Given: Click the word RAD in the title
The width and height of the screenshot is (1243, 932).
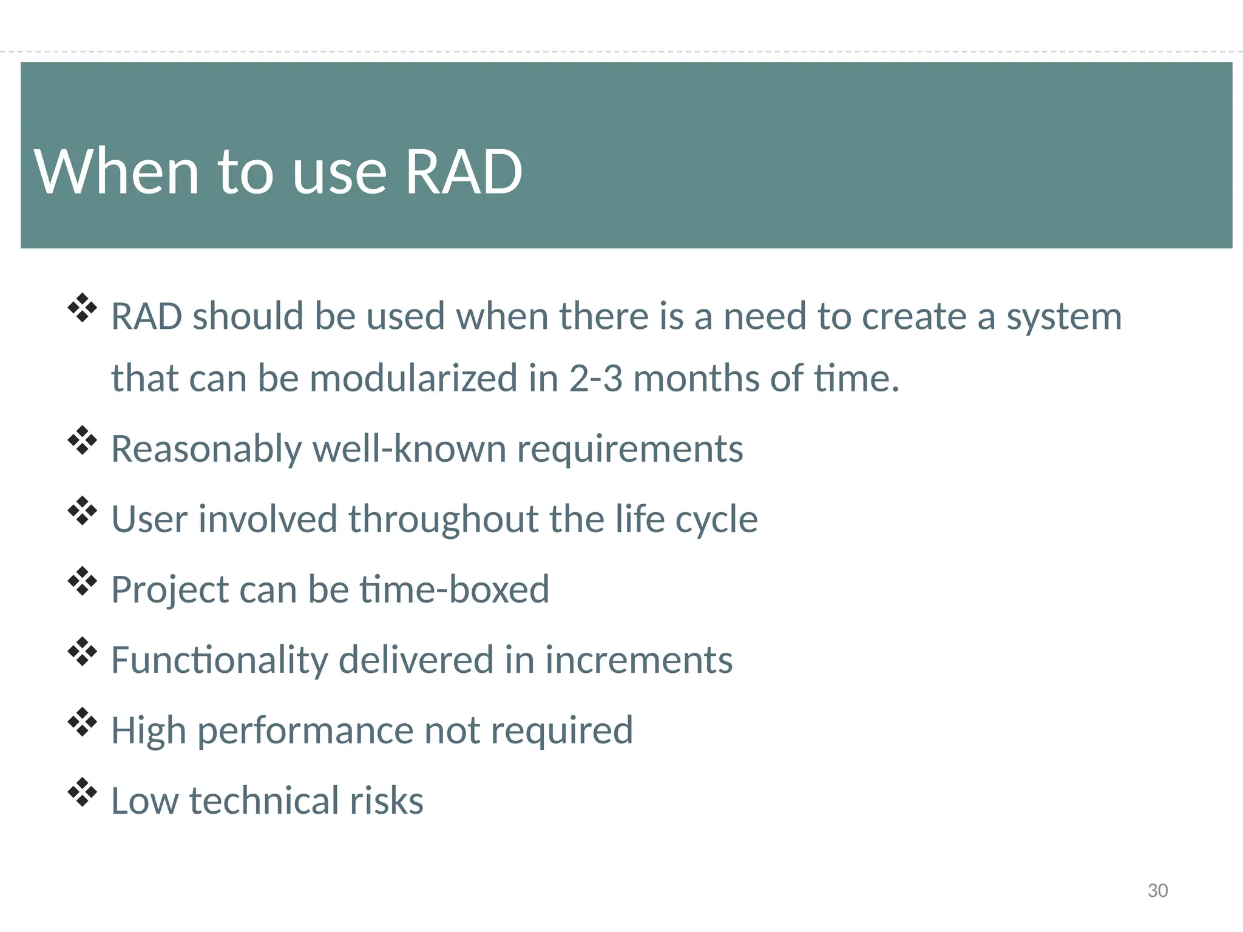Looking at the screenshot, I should pos(463,172).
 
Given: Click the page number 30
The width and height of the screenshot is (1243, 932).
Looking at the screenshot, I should pos(1157,890).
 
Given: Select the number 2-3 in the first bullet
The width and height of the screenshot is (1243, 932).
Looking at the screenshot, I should pos(595,379).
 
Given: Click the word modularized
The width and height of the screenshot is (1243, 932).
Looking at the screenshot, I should pos(413,379).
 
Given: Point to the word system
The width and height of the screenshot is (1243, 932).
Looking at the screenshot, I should pos(1063,318).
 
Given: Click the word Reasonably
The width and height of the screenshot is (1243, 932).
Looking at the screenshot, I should pos(206,450).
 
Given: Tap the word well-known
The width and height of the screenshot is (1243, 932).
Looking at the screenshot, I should pos(409,449).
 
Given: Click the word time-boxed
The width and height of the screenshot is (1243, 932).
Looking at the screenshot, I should pos(455,589).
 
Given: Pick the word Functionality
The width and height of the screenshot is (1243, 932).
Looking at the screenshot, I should pos(219,661).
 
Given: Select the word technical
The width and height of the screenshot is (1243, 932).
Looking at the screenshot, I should pos(264,800).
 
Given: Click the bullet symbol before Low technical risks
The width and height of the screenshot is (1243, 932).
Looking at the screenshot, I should pos(82,792).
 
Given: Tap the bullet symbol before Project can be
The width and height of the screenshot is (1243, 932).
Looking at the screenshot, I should pos(82,581).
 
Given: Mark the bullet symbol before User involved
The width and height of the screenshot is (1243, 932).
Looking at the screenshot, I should pos(82,511).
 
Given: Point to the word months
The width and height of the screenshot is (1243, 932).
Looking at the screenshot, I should pos(696,379).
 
